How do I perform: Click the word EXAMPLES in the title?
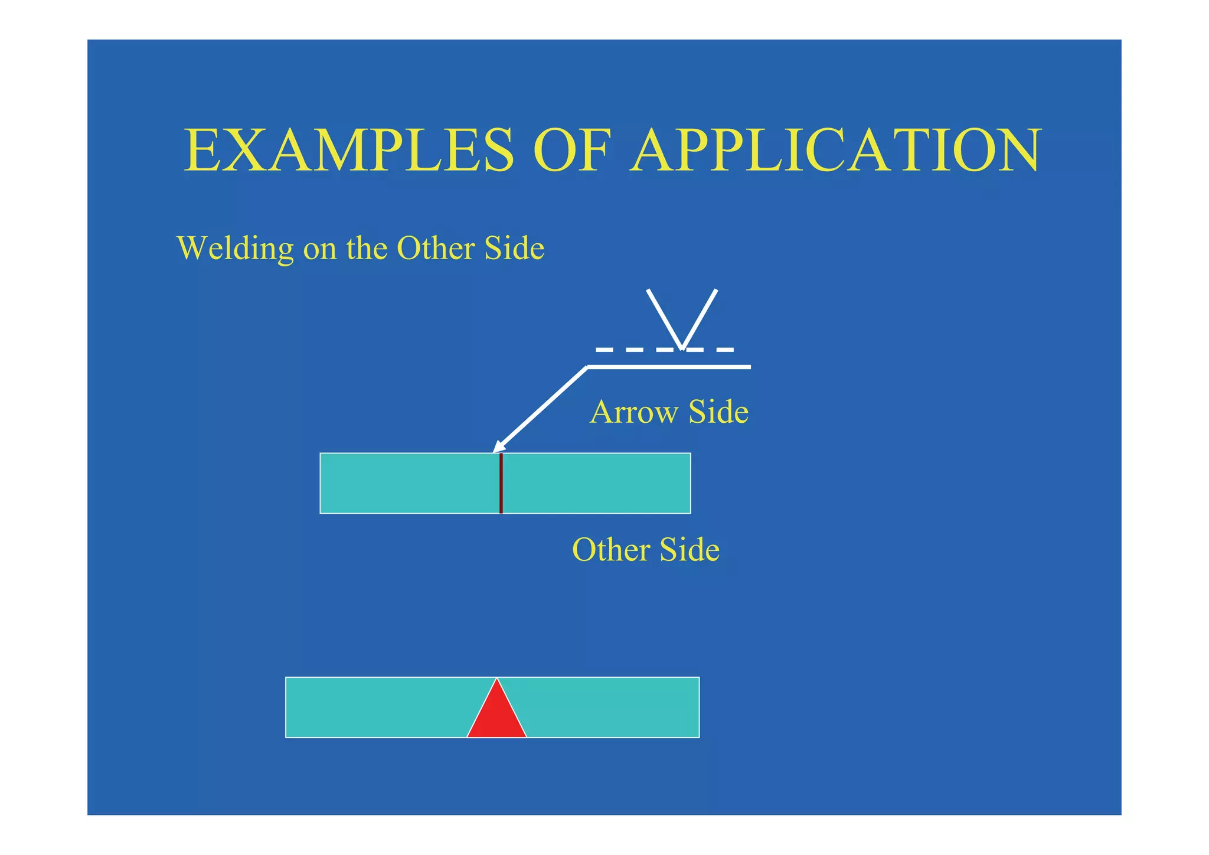tap(349, 151)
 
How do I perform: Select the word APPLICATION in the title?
tap(835, 151)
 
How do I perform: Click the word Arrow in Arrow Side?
tap(633, 412)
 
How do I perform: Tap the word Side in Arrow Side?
tap(718, 412)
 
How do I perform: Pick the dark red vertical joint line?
tap(501, 484)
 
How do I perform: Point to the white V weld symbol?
tap(682, 319)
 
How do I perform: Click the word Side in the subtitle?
tap(514, 248)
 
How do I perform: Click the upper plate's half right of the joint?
tap(596, 484)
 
